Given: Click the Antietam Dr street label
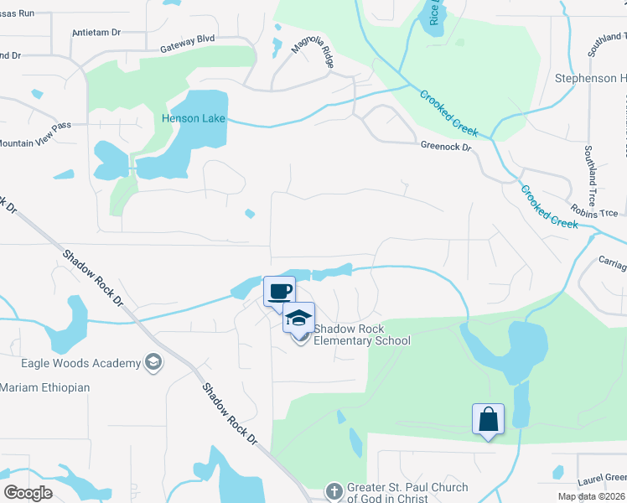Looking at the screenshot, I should click(x=97, y=32).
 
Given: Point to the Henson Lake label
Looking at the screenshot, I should click(x=194, y=118).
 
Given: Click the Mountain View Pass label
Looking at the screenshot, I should click(x=34, y=143).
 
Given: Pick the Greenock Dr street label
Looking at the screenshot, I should click(x=446, y=147).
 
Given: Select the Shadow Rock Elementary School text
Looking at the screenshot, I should click(x=361, y=334).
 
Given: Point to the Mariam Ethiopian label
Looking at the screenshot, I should click(x=44, y=387).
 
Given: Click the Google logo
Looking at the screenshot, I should click(x=28, y=493).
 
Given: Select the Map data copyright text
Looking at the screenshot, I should click(x=592, y=496).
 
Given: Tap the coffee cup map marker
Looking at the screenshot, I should click(x=280, y=292).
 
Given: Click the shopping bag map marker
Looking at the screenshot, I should click(x=488, y=419).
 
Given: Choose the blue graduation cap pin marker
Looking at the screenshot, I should click(x=298, y=318).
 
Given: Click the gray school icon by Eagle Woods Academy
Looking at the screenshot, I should click(x=153, y=362).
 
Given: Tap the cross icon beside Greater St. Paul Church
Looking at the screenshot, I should click(x=334, y=491).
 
